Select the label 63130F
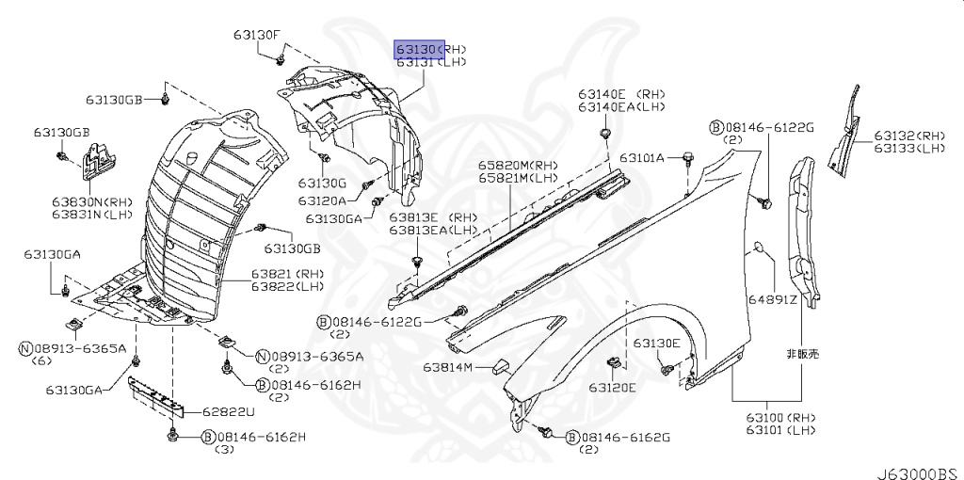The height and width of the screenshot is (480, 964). tap(258, 36)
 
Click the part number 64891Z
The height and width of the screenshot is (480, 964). tap(773, 301)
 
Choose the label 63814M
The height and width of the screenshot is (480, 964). tap(447, 367)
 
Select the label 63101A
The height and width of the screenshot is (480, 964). tap(642, 156)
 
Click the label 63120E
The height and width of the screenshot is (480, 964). tap(613, 387)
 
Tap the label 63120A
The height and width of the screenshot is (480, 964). tap(323, 200)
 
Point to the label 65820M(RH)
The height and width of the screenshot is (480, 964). tap(517, 165)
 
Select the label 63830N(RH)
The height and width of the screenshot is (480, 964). tap(91, 200)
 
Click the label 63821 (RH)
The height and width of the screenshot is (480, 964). tap(274, 274)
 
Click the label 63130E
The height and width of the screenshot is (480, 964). tap(656, 343)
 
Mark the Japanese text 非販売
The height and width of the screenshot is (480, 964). tap(803, 354)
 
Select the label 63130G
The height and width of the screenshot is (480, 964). tap(323, 183)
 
